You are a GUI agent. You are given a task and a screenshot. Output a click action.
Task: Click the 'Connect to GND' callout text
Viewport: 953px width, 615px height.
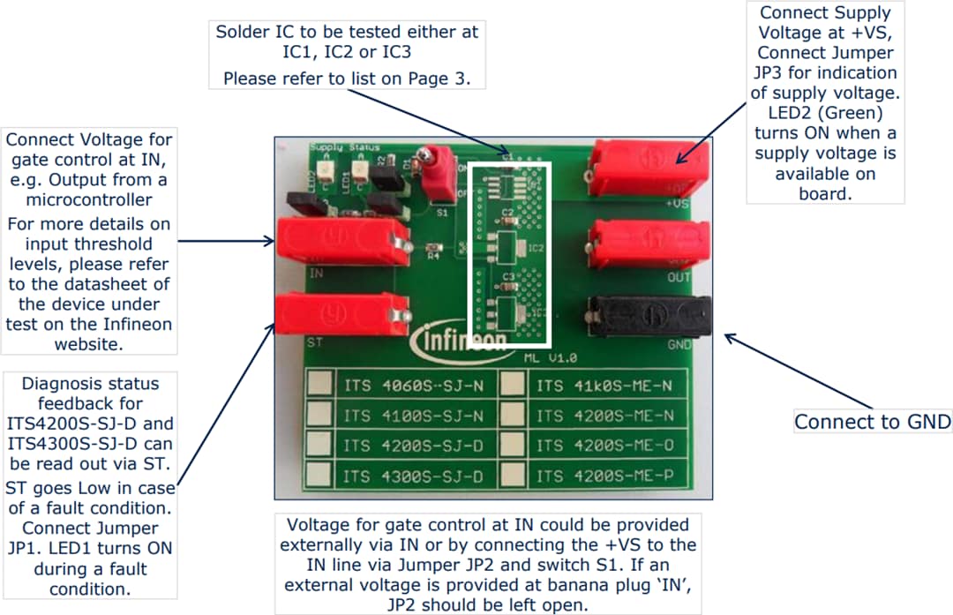click(873, 422)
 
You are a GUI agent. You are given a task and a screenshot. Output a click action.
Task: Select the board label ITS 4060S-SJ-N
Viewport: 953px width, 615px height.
click(413, 386)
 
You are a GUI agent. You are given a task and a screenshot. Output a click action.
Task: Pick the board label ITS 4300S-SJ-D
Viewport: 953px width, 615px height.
click(413, 476)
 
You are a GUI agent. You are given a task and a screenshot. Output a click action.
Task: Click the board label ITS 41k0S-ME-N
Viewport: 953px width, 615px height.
click(604, 386)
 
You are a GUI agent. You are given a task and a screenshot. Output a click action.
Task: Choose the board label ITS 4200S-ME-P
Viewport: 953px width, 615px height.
click(604, 476)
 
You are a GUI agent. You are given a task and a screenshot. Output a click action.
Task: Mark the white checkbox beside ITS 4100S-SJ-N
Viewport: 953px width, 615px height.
click(320, 415)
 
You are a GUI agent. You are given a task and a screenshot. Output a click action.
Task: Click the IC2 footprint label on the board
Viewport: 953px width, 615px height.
click(535, 249)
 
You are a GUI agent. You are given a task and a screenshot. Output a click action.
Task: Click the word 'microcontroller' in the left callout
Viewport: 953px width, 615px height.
click(88, 200)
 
